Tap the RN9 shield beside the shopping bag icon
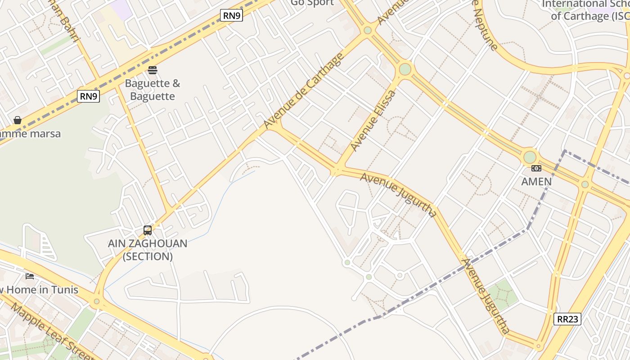point(88,96)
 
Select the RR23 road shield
point(567,319)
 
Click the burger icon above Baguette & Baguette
point(153,70)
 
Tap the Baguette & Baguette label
point(152,90)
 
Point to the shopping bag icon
point(18,120)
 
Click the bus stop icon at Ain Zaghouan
point(148,230)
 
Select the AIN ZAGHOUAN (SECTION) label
point(148,250)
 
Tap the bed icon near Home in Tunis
point(30,276)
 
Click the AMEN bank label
point(536,181)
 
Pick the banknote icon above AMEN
point(536,168)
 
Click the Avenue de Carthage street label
point(304,90)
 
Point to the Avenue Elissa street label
point(373,120)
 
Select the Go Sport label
point(312,3)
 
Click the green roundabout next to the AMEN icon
point(530,157)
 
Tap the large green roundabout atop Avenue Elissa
point(405,69)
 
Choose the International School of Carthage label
point(585,10)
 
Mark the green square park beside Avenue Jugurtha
point(503,295)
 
